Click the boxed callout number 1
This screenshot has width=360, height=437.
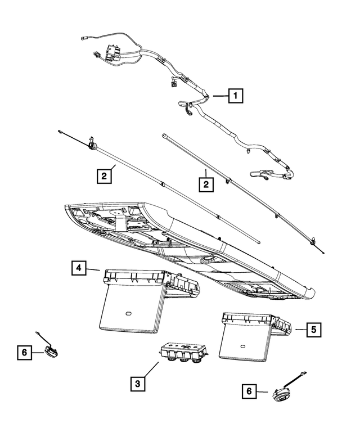[x=235, y=97]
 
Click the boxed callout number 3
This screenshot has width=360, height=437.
[x=137, y=384]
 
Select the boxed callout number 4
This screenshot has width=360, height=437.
[x=79, y=268]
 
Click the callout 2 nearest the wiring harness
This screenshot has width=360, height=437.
[x=206, y=183]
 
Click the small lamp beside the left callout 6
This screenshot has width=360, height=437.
[x=52, y=351]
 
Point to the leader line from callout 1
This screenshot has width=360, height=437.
[x=219, y=97]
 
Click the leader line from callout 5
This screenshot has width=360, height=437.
[x=298, y=330]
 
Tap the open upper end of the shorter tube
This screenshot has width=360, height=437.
[x=163, y=135]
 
